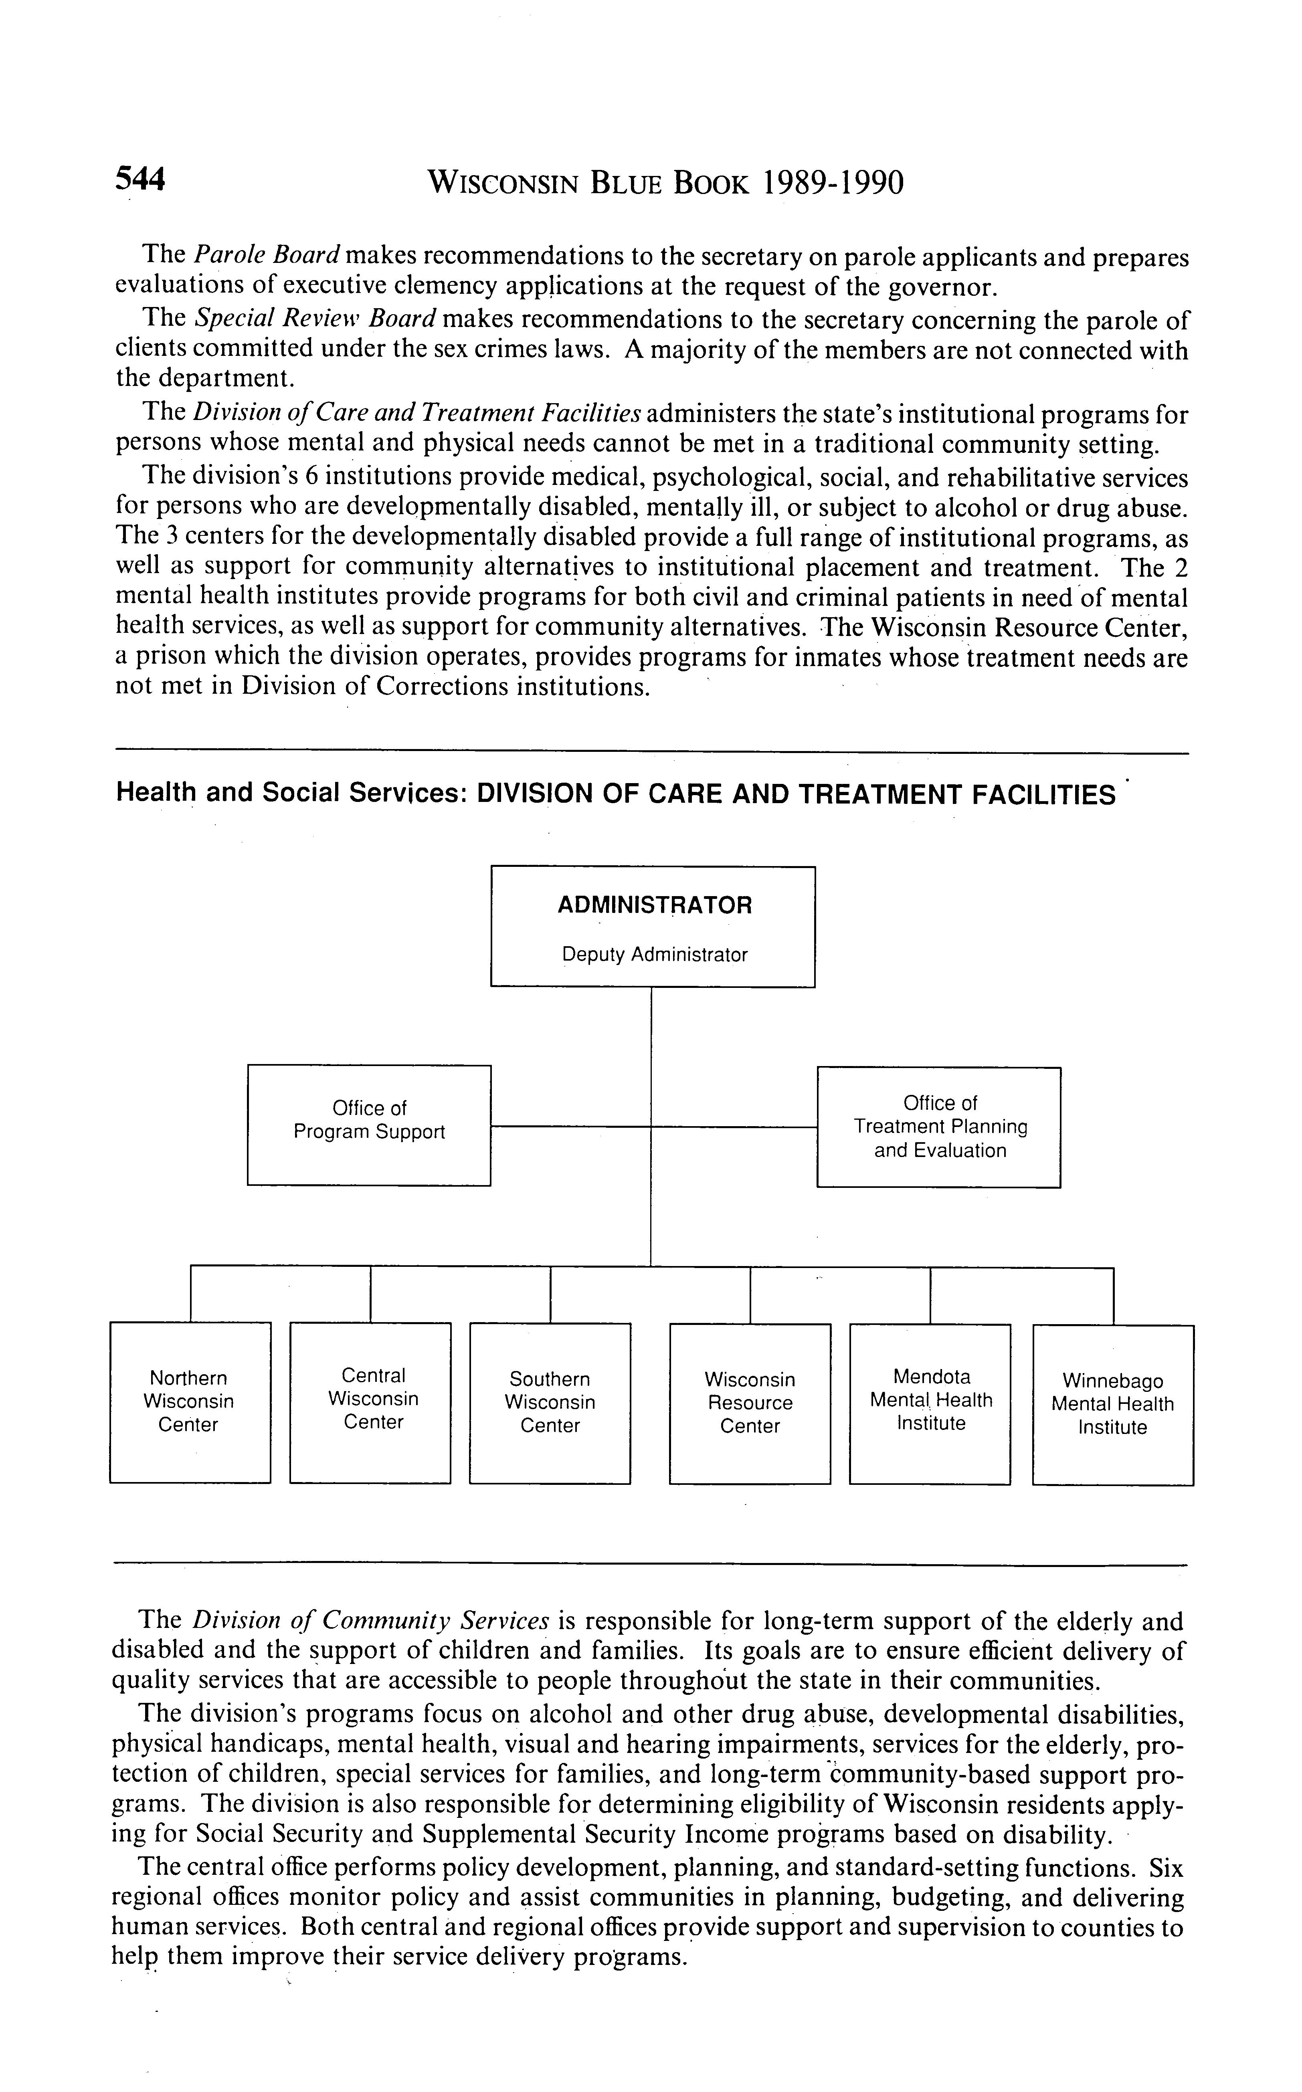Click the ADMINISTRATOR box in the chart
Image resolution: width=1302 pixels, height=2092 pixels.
click(653, 926)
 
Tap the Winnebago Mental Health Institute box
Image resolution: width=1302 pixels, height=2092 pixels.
click(1112, 1404)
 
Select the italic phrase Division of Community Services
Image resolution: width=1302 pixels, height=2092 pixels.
click(370, 1620)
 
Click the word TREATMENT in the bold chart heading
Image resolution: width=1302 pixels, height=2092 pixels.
click(880, 794)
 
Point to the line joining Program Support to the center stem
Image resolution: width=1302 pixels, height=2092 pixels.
click(570, 1126)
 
